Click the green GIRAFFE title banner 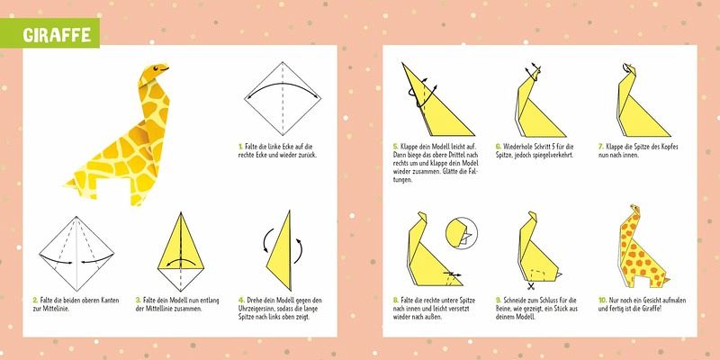49,33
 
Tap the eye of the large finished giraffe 154,70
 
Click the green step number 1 240,147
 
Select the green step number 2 35,301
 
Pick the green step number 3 138,301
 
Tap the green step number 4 241,301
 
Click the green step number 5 395,147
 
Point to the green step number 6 499,147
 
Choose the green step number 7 600,147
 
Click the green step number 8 395,301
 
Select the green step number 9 499,301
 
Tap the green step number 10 602,301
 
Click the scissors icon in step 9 531,287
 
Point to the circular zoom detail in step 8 462,233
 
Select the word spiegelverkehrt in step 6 555,155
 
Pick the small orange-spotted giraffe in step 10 643,247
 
